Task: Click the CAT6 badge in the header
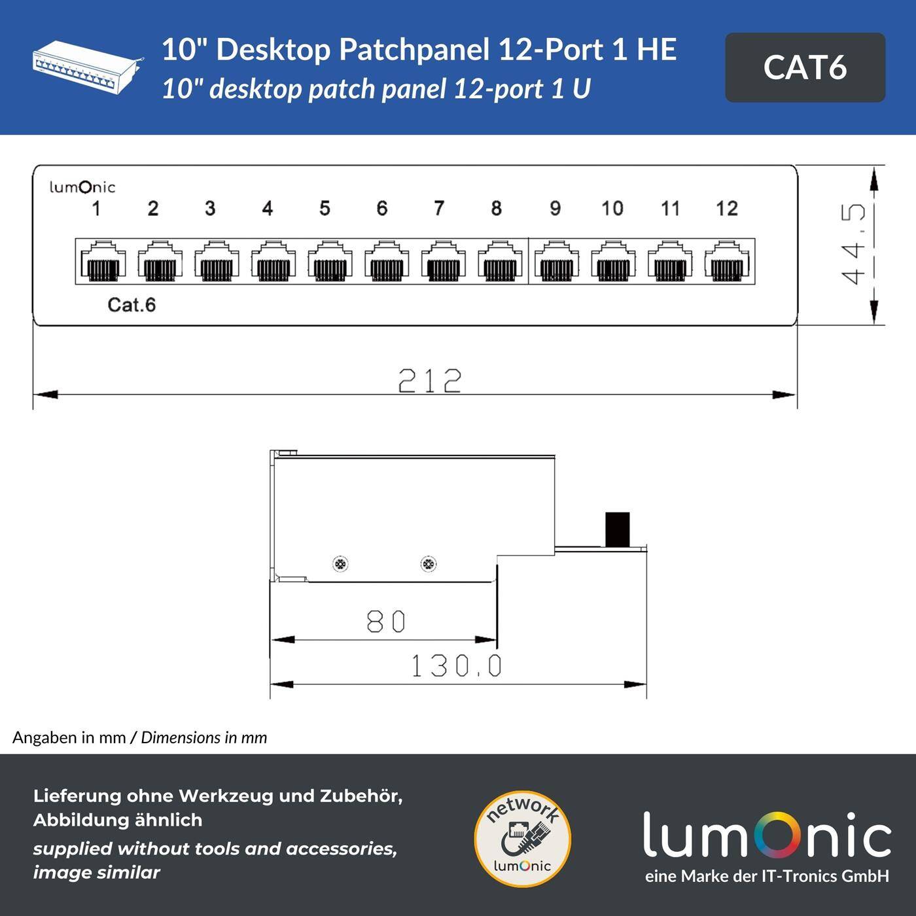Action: [x=805, y=67]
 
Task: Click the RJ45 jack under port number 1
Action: [x=103, y=262]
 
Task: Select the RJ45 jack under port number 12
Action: [x=727, y=262]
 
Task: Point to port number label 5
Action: [x=325, y=209]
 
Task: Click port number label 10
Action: [x=612, y=209]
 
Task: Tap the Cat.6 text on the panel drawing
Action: [x=132, y=305]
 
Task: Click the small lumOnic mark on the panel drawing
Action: [x=82, y=187]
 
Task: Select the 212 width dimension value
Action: [x=430, y=380]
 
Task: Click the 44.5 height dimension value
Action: [x=854, y=244]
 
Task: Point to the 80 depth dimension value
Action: [x=386, y=622]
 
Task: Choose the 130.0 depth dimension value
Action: [x=456, y=666]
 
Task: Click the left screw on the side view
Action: [x=340, y=564]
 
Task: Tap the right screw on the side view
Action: [x=428, y=563]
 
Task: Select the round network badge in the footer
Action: [x=522, y=839]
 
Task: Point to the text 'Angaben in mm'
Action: [x=69, y=738]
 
